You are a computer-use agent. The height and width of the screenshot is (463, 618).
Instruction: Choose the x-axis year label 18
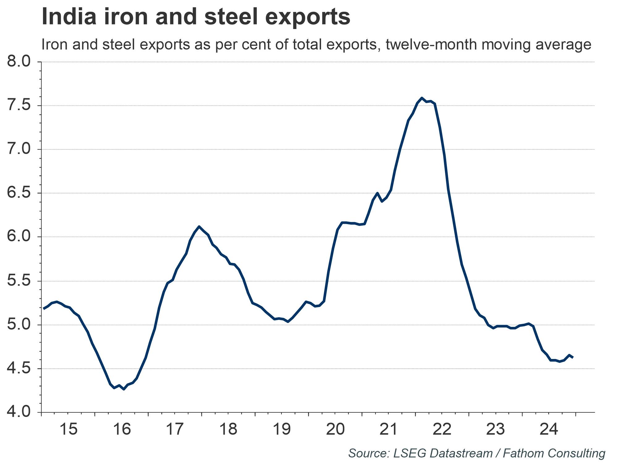228,429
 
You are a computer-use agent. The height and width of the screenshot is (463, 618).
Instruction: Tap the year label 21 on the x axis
389,429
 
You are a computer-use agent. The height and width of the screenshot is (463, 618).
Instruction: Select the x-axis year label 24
549,429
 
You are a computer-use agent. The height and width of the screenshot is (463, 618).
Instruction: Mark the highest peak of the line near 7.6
421,98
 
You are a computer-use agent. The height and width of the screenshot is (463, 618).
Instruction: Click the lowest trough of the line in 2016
124,389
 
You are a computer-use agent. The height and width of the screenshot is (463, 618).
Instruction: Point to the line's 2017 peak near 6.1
199,227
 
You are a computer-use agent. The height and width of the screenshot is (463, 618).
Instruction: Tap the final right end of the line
573,357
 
